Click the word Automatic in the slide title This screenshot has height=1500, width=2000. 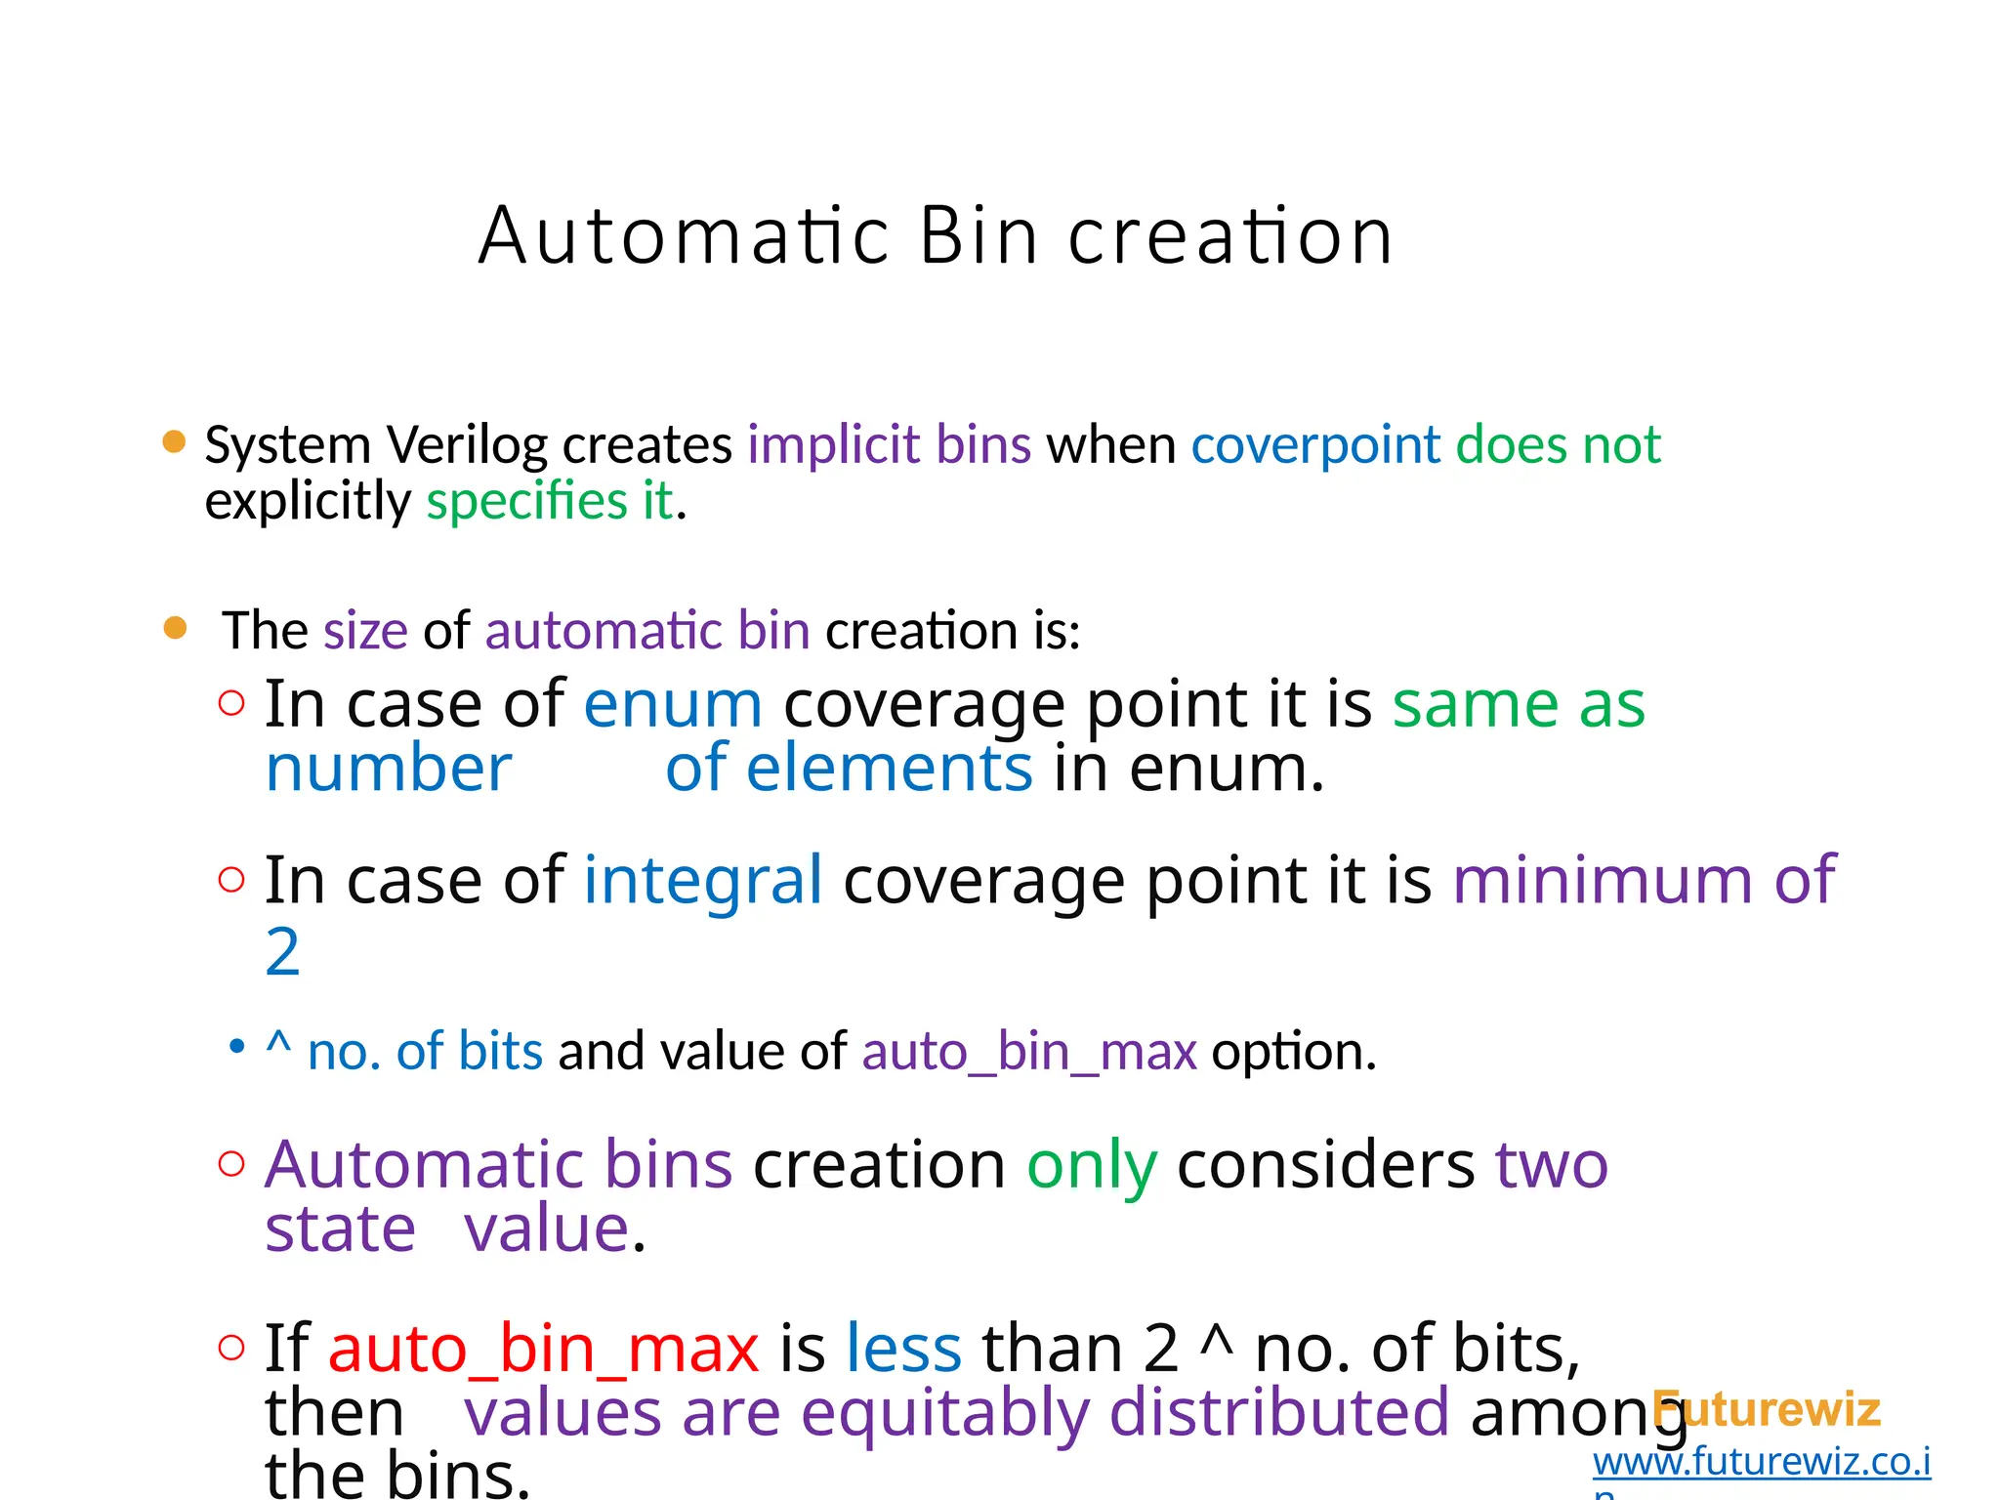point(684,237)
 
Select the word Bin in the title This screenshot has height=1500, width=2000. point(979,237)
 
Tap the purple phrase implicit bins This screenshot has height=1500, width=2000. point(890,445)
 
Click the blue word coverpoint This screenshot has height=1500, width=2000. point(1315,445)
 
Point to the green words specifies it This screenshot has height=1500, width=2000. point(550,502)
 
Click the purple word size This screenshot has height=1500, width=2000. point(365,631)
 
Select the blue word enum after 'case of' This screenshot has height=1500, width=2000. point(673,704)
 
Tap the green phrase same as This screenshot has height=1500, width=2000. point(1519,704)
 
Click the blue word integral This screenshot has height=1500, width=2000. point(703,881)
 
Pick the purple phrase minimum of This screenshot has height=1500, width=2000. point(1645,881)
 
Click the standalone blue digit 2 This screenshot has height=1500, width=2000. point(282,952)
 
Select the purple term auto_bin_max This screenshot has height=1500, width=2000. point(1029,1053)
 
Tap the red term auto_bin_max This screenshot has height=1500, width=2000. point(543,1349)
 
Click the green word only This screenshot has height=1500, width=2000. point(1092,1165)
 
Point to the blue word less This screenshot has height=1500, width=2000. point(903,1349)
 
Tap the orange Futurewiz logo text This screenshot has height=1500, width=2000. point(1768,1410)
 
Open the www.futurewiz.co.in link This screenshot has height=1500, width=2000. point(1761,1463)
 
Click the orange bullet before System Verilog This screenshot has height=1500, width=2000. point(174,442)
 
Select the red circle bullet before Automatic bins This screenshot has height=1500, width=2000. point(231,1164)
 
